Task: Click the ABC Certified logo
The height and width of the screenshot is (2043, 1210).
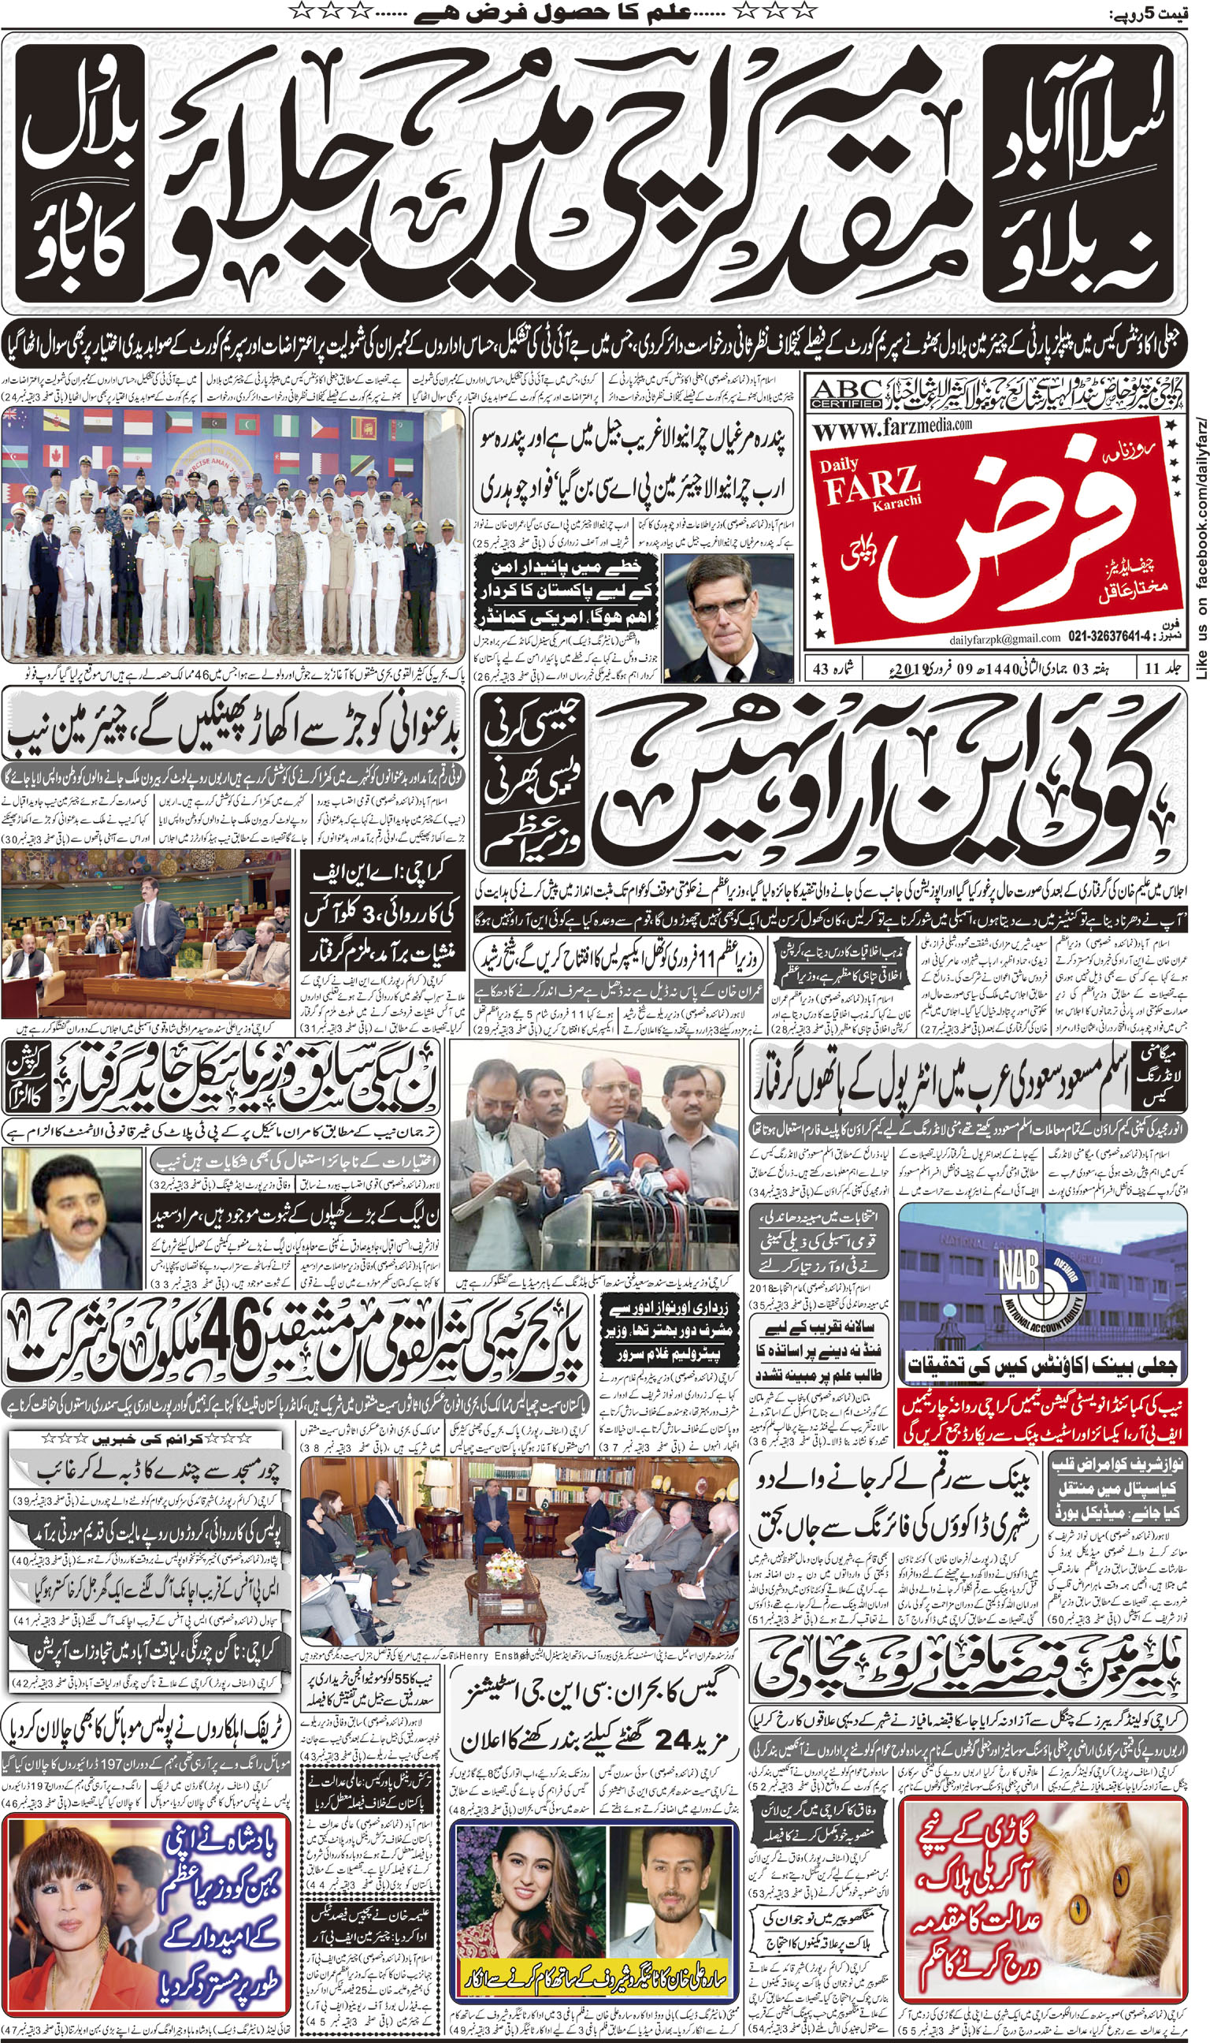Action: pos(845,394)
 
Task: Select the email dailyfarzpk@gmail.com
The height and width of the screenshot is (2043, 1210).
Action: pos(1004,638)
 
